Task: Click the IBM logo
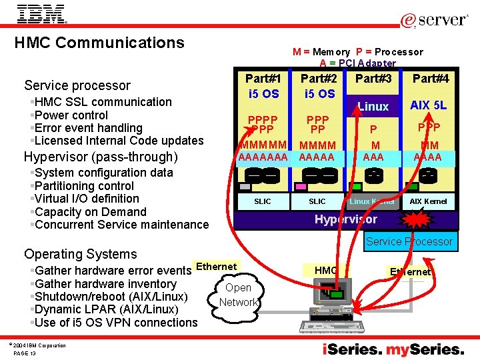click(x=41, y=13)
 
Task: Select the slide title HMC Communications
click(x=99, y=43)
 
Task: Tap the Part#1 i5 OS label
click(x=263, y=86)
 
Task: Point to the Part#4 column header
click(x=430, y=79)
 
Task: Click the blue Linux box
click(x=373, y=106)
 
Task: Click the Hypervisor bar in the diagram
click(x=345, y=219)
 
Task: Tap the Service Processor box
click(x=409, y=241)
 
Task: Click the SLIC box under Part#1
click(x=263, y=201)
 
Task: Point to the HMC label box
click(x=325, y=270)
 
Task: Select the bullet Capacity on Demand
click(x=90, y=212)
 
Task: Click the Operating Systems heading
click(x=80, y=254)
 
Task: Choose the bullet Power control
click(x=71, y=115)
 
